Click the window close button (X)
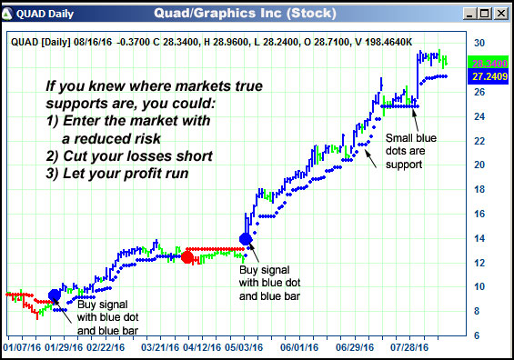click(499, 14)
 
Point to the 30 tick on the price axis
click(479, 43)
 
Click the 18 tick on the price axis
click(479, 189)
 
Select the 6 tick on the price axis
click(479, 335)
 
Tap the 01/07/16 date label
click(23, 346)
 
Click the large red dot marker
click(187, 257)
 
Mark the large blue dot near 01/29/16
click(55, 295)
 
